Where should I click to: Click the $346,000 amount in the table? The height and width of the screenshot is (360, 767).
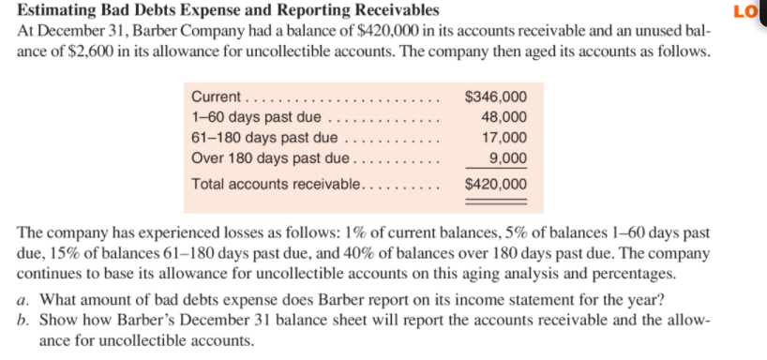[x=495, y=97]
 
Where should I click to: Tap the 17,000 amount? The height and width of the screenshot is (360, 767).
[x=504, y=138]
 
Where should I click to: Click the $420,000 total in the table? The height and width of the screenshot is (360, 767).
[x=495, y=184]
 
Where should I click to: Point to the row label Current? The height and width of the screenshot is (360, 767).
[x=216, y=97]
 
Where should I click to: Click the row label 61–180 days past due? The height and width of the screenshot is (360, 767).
[x=263, y=138]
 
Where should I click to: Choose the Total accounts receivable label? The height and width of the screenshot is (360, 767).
[x=276, y=184]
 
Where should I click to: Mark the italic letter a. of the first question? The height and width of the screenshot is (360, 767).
[x=24, y=300]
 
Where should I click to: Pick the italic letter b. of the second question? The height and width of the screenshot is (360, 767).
[x=24, y=321]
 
